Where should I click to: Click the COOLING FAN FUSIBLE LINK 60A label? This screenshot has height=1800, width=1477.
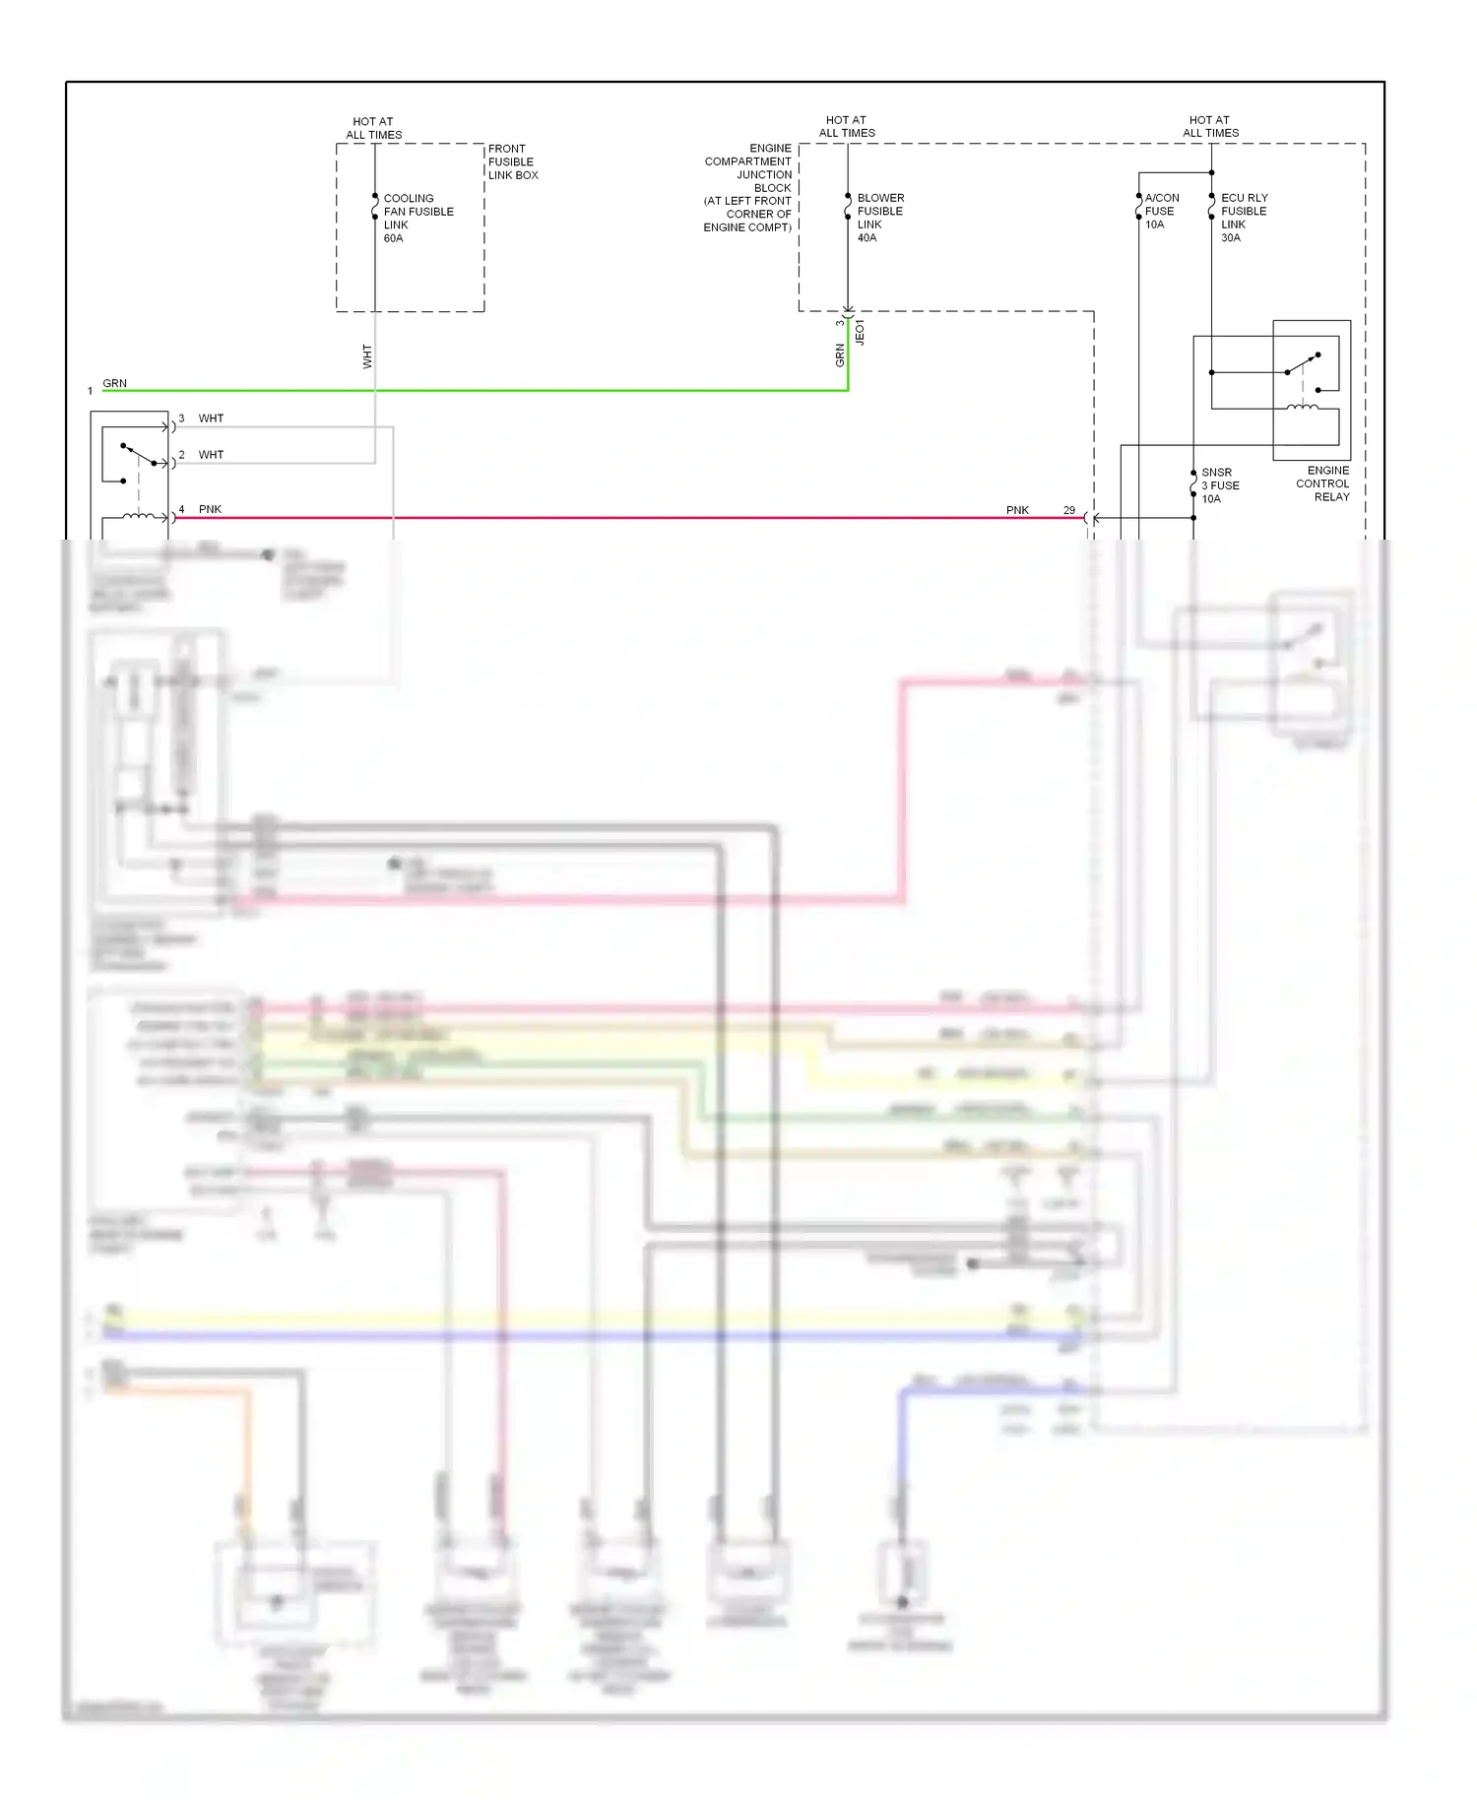pyautogui.click(x=417, y=218)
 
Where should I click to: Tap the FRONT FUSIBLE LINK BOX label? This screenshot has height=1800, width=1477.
pyautogui.click(x=512, y=161)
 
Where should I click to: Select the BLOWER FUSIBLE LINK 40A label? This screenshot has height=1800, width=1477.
pyautogui.click(x=879, y=218)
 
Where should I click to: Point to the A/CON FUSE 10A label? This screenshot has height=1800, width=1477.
pyautogui.click(x=1161, y=211)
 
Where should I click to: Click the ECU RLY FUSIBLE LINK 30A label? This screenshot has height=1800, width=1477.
pyautogui.click(x=1244, y=218)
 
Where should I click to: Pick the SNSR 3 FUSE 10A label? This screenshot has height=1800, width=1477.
pyautogui.click(x=1219, y=485)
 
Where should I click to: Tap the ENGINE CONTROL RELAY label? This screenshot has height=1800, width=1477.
pyautogui.click(x=1322, y=483)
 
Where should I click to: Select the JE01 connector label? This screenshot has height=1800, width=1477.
pyautogui.click(x=860, y=332)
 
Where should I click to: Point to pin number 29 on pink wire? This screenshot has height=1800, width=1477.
pyautogui.click(x=1068, y=510)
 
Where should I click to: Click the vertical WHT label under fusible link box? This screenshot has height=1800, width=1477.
pyautogui.click(x=367, y=356)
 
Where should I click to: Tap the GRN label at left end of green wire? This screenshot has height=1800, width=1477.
pyautogui.click(x=114, y=383)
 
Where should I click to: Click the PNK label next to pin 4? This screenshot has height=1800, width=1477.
pyautogui.click(x=210, y=509)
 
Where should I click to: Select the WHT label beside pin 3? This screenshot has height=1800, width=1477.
pyautogui.click(x=211, y=418)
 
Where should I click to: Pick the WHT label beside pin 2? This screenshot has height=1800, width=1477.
pyautogui.click(x=211, y=455)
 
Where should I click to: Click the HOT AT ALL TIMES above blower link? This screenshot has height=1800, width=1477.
pyautogui.click(x=847, y=126)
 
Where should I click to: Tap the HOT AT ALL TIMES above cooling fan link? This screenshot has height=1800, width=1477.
pyautogui.click(x=373, y=128)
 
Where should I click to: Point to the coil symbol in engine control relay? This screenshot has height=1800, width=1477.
pyautogui.click(x=1303, y=406)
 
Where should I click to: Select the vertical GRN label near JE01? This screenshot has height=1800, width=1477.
pyautogui.click(x=840, y=355)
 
